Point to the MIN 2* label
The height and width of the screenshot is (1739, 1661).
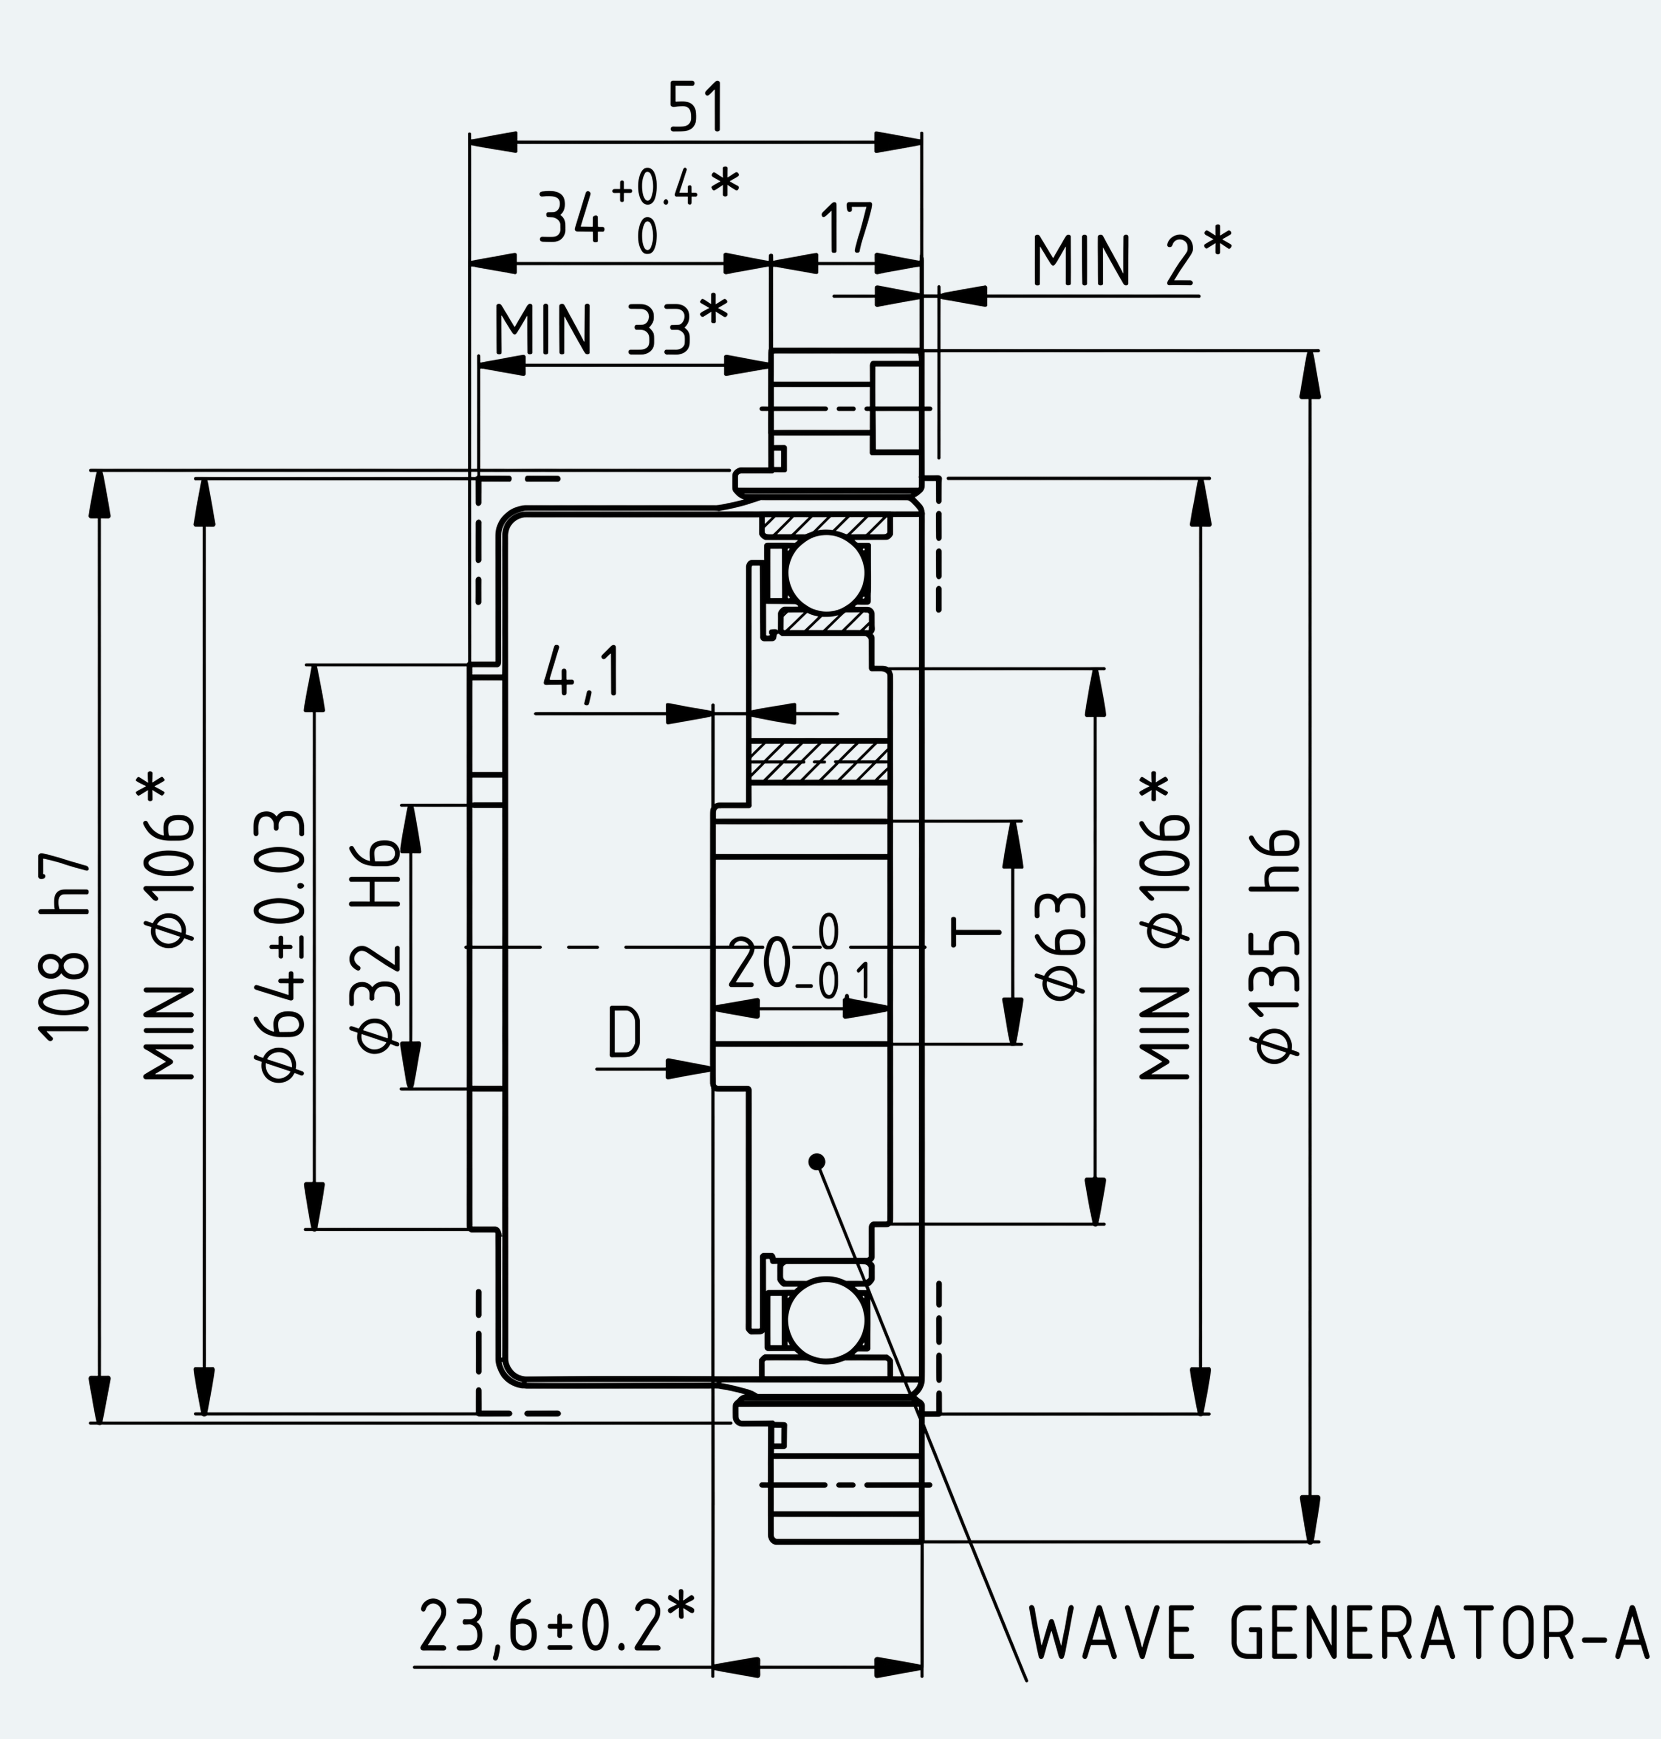tap(1131, 258)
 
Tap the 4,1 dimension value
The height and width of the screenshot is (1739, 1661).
tap(582, 673)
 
